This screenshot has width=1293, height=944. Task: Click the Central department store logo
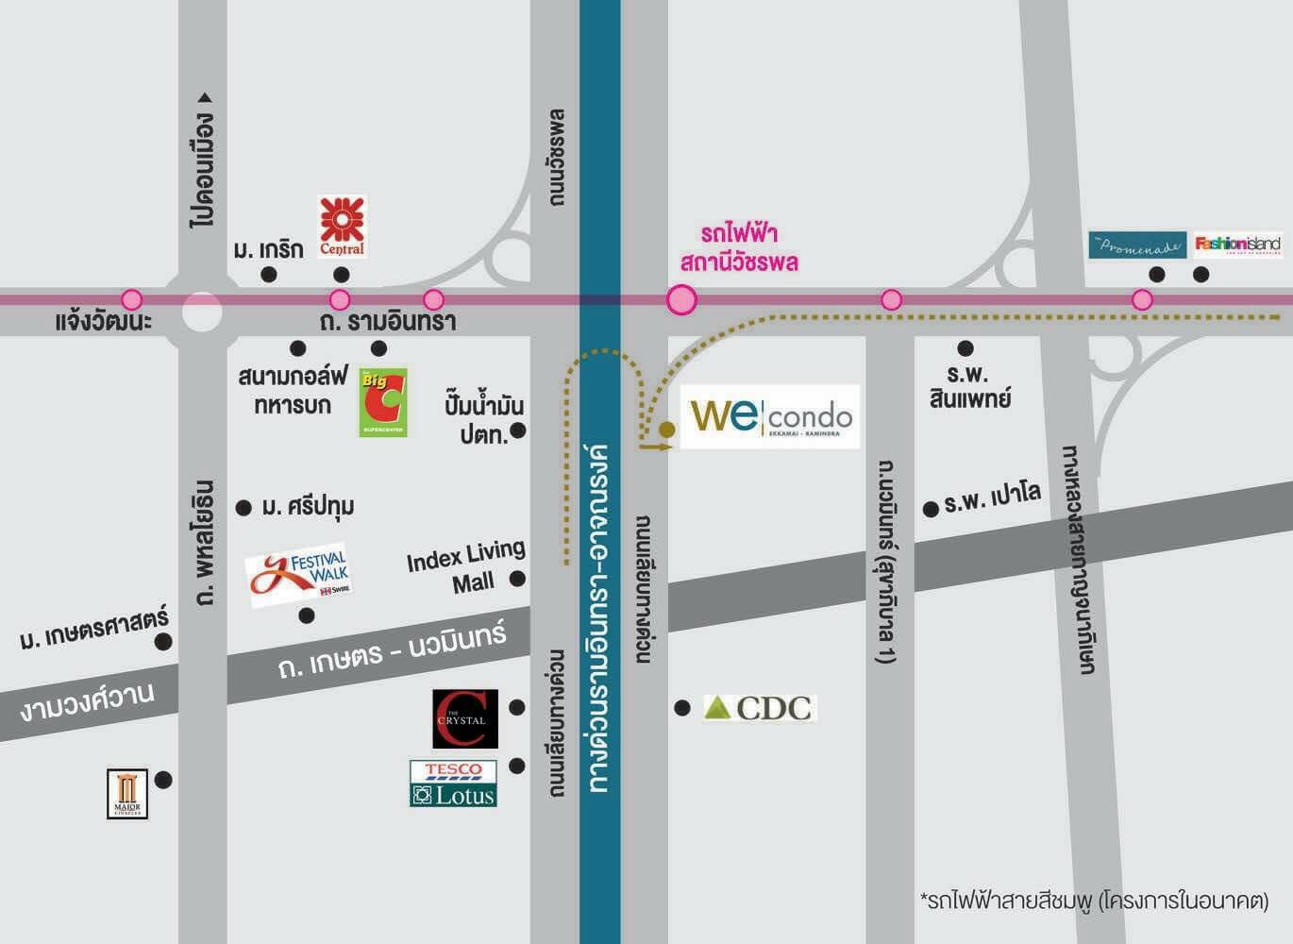(x=342, y=226)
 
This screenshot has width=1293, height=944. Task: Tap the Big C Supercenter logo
(x=383, y=402)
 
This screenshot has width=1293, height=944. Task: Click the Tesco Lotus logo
(x=453, y=784)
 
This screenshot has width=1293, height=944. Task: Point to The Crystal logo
(x=464, y=718)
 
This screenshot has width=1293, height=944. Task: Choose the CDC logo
(x=760, y=708)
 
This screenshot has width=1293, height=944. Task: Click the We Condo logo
(x=770, y=416)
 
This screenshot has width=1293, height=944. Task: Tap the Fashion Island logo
(x=1237, y=244)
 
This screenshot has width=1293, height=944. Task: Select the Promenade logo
(x=1136, y=245)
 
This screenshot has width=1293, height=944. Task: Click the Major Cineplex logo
(x=127, y=794)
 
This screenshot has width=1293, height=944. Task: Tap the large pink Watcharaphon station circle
(x=681, y=300)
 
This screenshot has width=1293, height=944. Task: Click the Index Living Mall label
(x=466, y=566)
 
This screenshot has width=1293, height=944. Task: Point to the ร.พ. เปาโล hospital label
(x=991, y=497)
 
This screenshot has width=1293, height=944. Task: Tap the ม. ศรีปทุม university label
(x=308, y=507)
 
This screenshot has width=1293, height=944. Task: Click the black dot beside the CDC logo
(x=682, y=707)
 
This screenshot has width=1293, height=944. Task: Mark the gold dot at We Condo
(x=667, y=430)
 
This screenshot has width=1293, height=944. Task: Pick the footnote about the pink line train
(x=1094, y=900)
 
